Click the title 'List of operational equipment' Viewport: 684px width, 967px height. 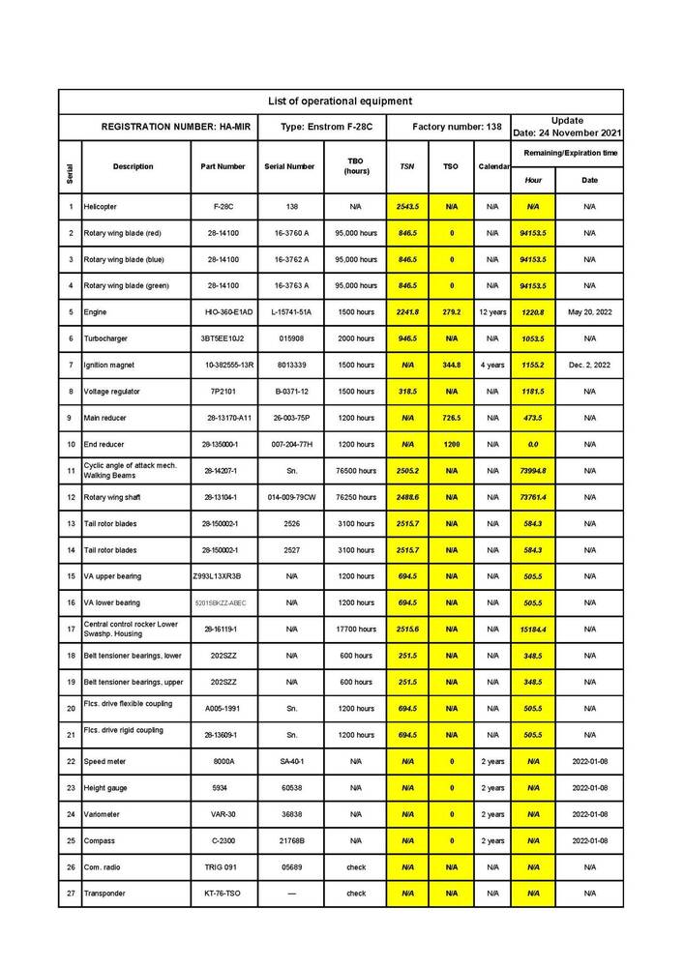[x=340, y=101]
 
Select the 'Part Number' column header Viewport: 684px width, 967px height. [x=223, y=166]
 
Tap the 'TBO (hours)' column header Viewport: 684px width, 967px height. [x=356, y=166]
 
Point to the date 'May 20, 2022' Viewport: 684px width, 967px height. [x=589, y=312]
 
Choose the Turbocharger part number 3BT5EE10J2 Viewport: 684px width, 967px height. [x=223, y=338]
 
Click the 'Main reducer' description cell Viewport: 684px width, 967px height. [x=107, y=418]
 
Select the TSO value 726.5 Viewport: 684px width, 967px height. [x=451, y=418]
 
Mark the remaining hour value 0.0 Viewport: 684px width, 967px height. [x=533, y=444]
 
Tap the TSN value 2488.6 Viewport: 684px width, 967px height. [x=407, y=497]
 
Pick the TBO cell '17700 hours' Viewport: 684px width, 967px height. [x=356, y=630]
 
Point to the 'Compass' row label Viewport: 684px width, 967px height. [x=100, y=840]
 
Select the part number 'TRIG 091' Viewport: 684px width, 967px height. [x=223, y=866]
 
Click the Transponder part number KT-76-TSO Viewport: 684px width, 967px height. [x=223, y=894]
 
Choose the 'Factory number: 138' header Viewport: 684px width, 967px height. [x=449, y=127]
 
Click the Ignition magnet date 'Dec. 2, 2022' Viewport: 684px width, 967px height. [x=589, y=365]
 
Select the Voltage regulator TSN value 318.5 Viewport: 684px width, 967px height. [x=407, y=392]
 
